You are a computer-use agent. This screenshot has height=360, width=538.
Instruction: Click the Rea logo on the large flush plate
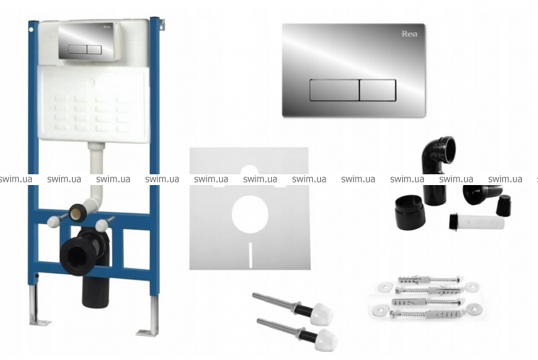pos(410,34)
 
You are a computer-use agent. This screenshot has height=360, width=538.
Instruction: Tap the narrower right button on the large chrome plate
pos(378,90)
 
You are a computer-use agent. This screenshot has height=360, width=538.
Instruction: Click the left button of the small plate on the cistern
pos(77,49)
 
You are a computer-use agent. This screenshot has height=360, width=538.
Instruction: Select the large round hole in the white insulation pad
pos(249,214)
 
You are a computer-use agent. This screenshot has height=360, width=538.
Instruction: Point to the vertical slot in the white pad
pos(250,255)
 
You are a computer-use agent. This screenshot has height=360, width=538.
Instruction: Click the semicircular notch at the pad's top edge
pos(249,170)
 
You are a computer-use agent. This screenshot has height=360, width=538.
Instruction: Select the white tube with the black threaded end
pos(477,222)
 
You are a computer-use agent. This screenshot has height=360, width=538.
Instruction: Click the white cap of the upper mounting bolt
pos(321,314)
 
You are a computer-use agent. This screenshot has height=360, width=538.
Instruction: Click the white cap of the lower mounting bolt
pos(326,340)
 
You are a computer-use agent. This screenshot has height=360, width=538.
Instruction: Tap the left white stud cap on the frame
pos(53,221)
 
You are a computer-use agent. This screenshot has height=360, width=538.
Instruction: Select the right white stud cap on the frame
pos(102,225)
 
